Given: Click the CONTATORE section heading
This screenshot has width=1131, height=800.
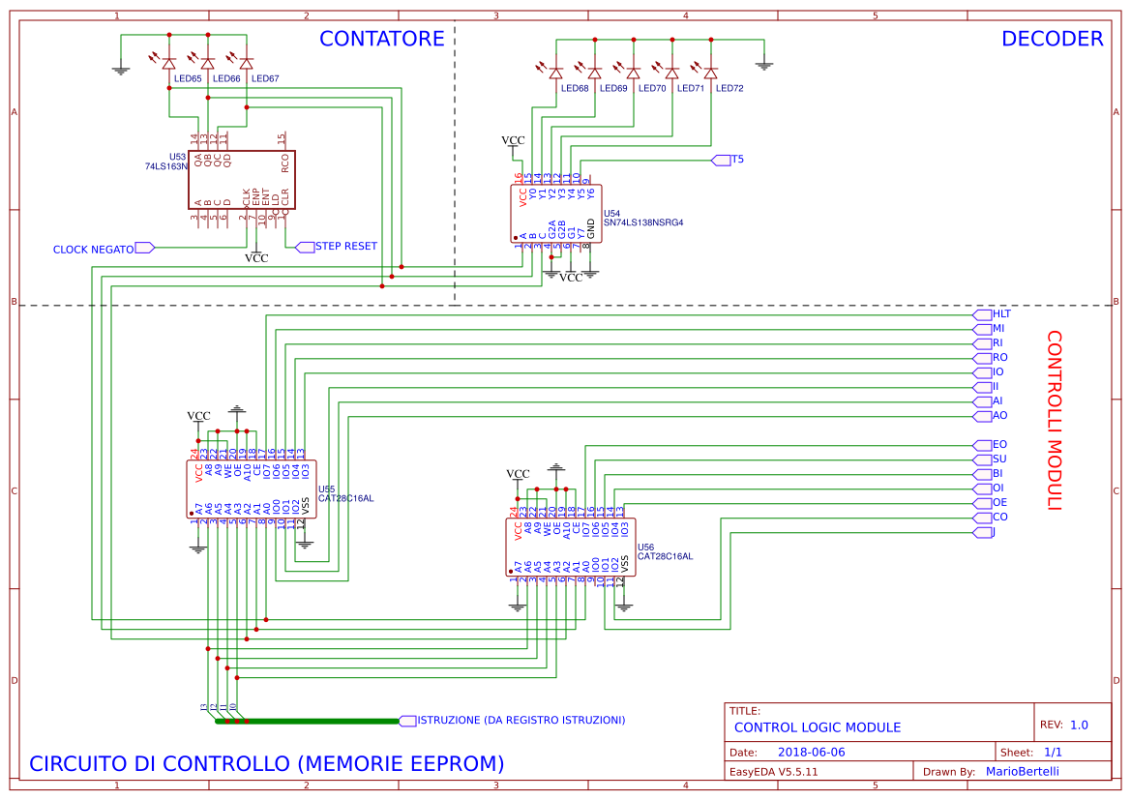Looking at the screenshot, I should click(x=381, y=39).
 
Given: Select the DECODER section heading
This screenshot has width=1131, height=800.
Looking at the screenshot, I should click(x=1052, y=39).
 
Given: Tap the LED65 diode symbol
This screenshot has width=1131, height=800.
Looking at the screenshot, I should click(x=168, y=63).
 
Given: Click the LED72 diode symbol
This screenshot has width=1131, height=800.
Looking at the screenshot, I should click(x=710, y=73).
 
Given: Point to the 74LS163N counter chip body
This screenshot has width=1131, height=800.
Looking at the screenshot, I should click(x=241, y=180).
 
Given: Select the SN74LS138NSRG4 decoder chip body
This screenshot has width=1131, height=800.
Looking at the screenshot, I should click(x=555, y=213).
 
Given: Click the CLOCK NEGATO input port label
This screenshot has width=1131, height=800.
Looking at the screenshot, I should click(x=94, y=249).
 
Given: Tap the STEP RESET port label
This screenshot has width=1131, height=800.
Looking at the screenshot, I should click(x=345, y=247).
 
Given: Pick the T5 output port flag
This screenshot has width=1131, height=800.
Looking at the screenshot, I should click(x=737, y=159).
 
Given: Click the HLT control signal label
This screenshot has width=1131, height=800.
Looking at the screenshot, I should click(x=1001, y=314).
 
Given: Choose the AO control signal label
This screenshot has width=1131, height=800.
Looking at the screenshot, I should click(x=999, y=416).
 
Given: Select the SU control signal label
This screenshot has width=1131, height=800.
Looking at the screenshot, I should click(x=999, y=459).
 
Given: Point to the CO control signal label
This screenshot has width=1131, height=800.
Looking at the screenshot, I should click(x=999, y=518).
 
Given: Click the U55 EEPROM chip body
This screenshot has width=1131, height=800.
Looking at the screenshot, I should click(x=249, y=489).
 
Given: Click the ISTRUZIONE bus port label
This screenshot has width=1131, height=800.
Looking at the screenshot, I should click(x=521, y=721).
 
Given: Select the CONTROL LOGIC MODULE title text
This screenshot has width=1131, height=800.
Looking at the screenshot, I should click(x=817, y=727).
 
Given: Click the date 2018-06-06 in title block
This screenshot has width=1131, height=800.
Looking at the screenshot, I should click(x=811, y=752).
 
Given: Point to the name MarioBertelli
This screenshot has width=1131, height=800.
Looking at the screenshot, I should click(x=1022, y=771).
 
